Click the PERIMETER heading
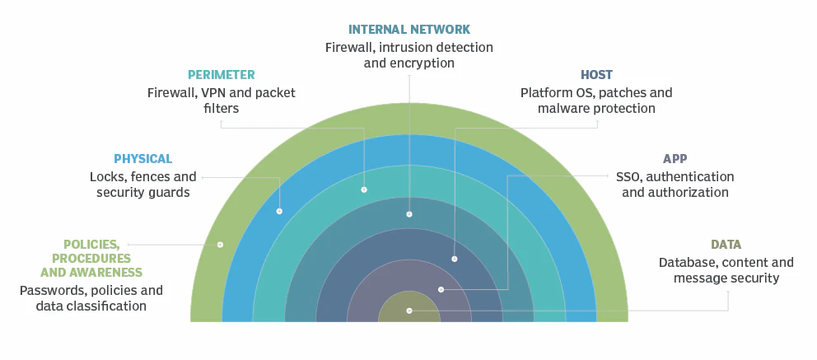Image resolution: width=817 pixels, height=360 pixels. pyautogui.click(x=221, y=75)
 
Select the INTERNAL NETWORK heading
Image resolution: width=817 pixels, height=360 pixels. pyautogui.click(x=408, y=30)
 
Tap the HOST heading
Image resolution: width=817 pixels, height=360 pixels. pyautogui.click(x=596, y=75)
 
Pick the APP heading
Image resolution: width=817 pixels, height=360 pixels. pyautogui.click(x=675, y=158)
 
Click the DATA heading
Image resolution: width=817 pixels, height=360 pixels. pyautogui.click(x=726, y=245)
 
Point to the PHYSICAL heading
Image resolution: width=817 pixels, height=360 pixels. pyautogui.click(x=143, y=158)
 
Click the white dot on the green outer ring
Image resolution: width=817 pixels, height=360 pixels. pyautogui.click(x=220, y=245)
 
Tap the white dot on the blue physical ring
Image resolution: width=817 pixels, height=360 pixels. pyautogui.click(x=279, y=211)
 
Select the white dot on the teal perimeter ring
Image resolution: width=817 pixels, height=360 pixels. pyautogui.click(x=364, y=189)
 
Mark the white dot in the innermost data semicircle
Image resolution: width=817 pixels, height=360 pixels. pyautogui.click(x=409, y=311)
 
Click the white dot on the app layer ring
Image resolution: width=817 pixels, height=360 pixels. pyautogui.click(x=441, y=289)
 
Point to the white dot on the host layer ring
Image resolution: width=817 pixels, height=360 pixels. pyautogui.click(x=455, y=259)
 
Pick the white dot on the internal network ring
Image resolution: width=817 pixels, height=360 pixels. pyautogui.click(x=409, y=214)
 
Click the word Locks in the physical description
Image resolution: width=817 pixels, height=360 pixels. pyautogui.click(x=106, y=177)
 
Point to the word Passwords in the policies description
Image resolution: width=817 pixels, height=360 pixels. pyautogui.click(x=50, y=291)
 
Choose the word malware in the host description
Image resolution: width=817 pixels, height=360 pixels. pyautogui.click(x=563, y=109)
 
